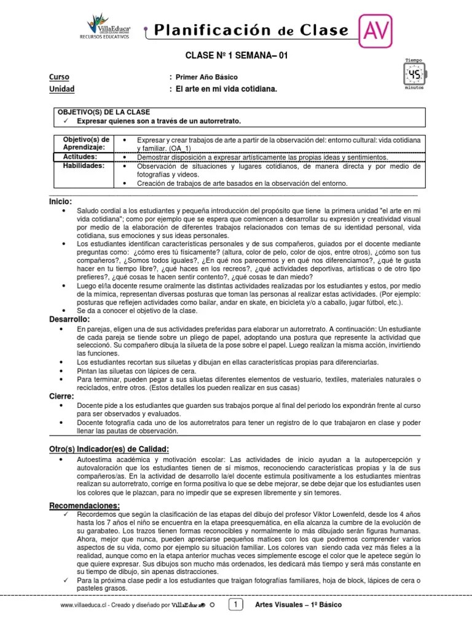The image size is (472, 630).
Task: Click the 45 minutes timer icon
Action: pyautogui.click(x=414, y=76)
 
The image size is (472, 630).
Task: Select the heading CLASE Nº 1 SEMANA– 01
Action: pyautogui.click(x=237, y=55)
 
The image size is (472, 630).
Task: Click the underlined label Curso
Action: pyautogui.click(x=59, y=77)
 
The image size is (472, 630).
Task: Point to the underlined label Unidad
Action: pyautogui.click(x=61, y=89)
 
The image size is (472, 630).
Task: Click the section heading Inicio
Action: pyautogui.click(x=61, y=201)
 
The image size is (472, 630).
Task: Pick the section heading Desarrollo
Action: pyautogui.click(x=69, y=319)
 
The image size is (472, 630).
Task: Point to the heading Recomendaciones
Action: pyautogui.click(x=84, y=505)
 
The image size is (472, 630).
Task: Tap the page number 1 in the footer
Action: pyautogui.click(x=236, y=605)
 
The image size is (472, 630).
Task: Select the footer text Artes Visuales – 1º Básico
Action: pyautogui.click(x=298, y=605)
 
